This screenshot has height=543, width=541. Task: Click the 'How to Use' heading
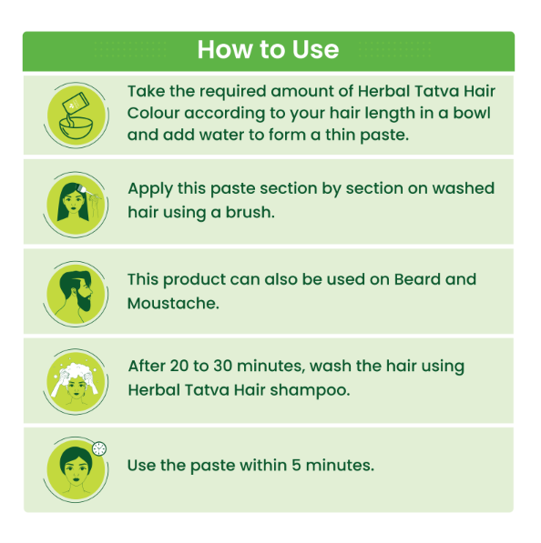(268, 49)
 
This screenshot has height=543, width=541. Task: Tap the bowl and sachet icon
(77, 116)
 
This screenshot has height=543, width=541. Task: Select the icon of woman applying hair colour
(76, 205)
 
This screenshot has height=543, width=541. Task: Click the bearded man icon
(76, 294)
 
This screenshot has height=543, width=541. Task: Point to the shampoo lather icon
(76, 382)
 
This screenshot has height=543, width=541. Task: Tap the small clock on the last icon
(99, 448)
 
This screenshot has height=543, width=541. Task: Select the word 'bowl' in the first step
(472, 113)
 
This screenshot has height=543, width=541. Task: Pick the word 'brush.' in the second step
(250, 212)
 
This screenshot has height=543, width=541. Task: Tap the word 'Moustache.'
(173, 304)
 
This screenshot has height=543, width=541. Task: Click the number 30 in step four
(222, 366)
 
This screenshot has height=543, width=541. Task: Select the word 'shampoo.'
(310, 390)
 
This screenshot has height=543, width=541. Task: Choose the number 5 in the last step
(296, 465)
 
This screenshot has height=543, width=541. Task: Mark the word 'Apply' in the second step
(150, 190)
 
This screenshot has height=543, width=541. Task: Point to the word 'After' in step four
(147, 366)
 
